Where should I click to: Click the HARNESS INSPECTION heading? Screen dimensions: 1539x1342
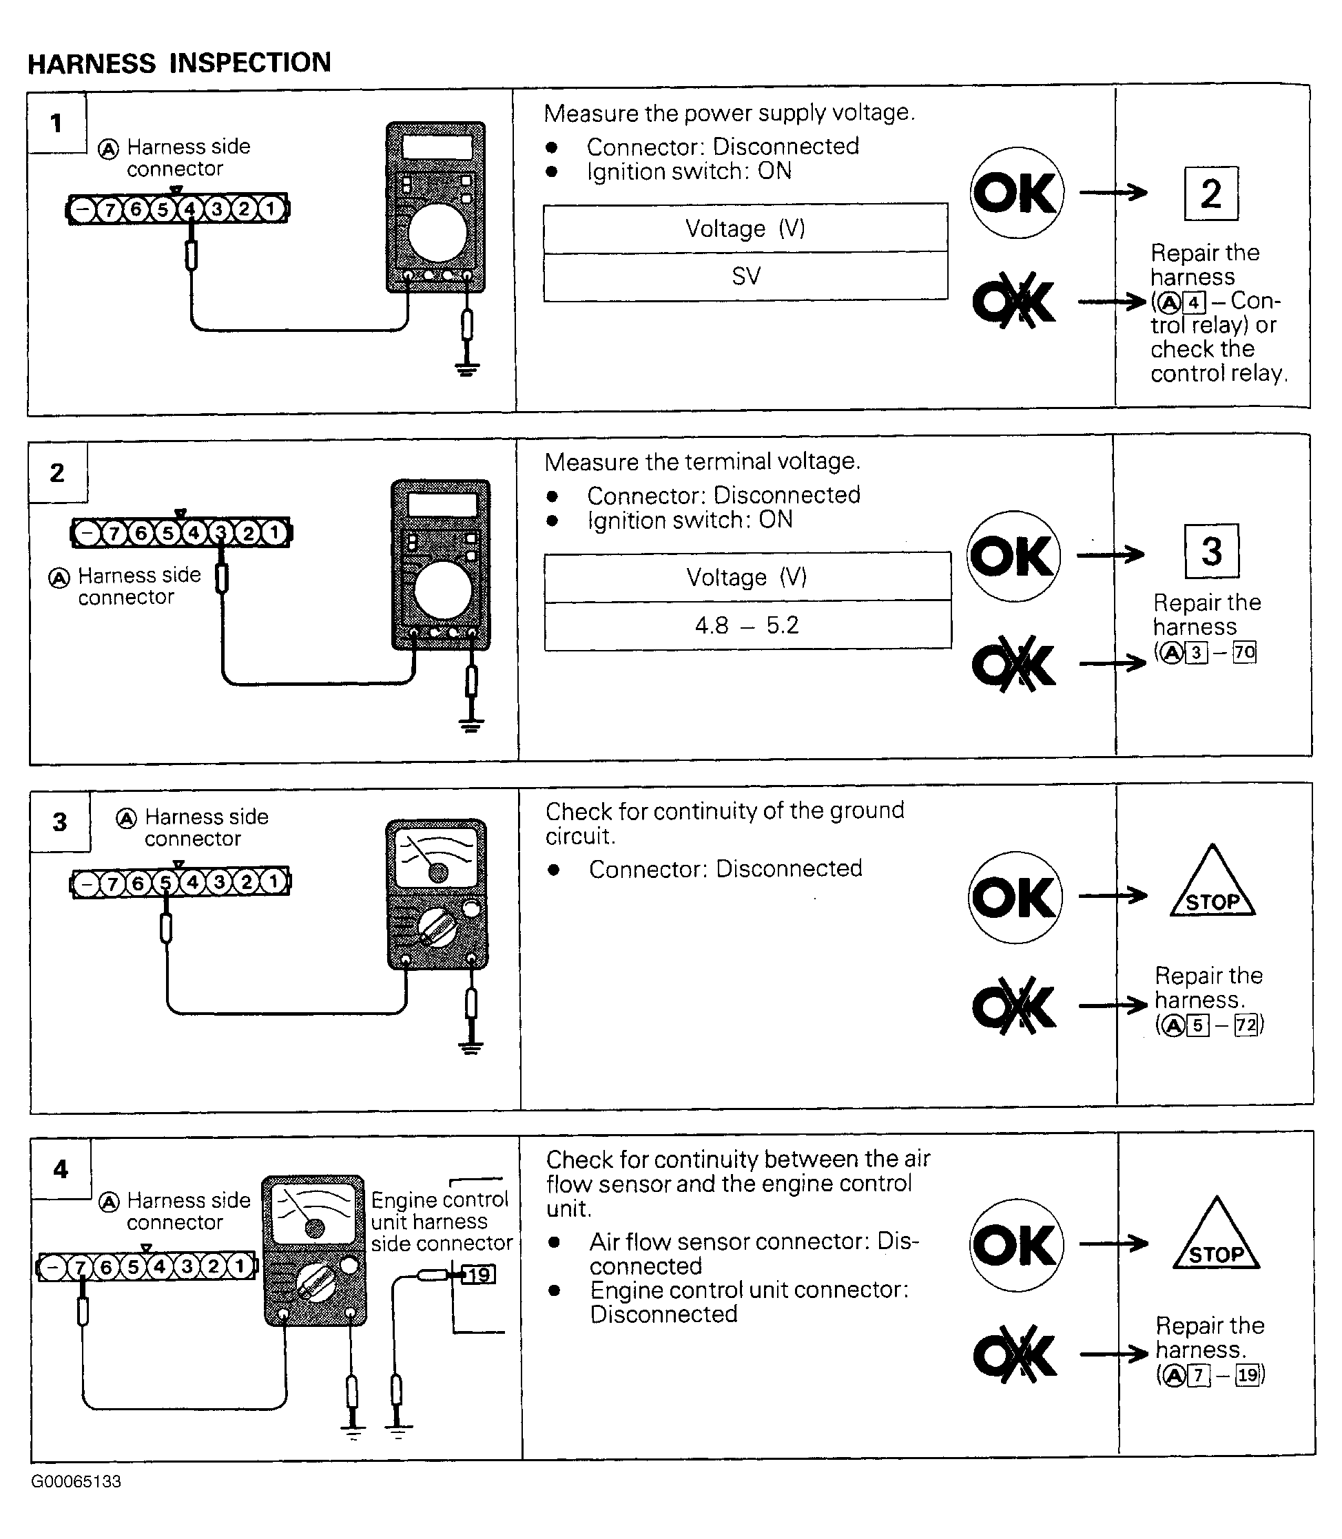click(x=179, y=63)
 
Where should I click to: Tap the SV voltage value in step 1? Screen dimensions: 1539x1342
click(x=746, y=276)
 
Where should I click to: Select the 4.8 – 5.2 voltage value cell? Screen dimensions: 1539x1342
click(x=747, y=625)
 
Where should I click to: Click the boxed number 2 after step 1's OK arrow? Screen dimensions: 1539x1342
click(x=1211, y=194)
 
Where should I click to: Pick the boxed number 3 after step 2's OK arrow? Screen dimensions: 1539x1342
click(x=1212, y=552)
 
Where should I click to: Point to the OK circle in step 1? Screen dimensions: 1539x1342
click(x=1016, y=193)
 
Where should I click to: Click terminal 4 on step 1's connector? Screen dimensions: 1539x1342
click(x=190, y=209)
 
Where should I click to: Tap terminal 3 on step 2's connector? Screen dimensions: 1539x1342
click(x=221, y=533)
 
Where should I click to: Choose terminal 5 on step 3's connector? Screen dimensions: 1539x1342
click(x=165, y=883)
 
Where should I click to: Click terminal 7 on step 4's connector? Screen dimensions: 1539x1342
click(x=81, y=1267)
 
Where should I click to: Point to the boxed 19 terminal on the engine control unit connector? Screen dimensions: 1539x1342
click(x=479, y=1274)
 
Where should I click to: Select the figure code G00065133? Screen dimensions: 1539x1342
click(x=76, y=1481)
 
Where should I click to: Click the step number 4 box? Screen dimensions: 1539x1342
click(x=61, y=1169)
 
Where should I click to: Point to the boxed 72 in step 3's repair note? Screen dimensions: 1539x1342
click(x=1246, y=1024)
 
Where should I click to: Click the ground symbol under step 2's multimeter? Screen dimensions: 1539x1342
click(x=471, y=724)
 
